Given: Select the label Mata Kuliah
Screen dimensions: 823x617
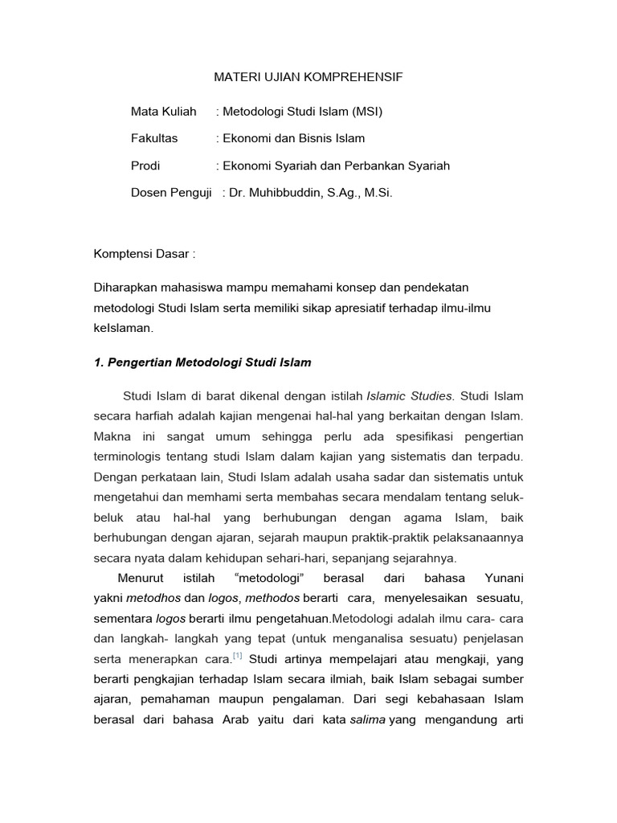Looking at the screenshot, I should tap(164, 111).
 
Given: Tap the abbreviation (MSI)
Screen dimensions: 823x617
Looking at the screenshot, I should tap(366, 111).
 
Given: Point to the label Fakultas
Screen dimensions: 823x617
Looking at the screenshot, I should tap(154, 138).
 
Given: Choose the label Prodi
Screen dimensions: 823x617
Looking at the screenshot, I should tap(145, 166).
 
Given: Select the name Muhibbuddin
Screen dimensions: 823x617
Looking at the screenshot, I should tap(284, 193).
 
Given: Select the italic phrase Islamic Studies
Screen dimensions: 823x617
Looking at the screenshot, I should tap(410, 396).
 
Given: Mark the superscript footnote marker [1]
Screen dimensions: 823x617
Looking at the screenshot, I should tap(237, 656).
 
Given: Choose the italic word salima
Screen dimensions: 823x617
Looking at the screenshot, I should tap(369, 719).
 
